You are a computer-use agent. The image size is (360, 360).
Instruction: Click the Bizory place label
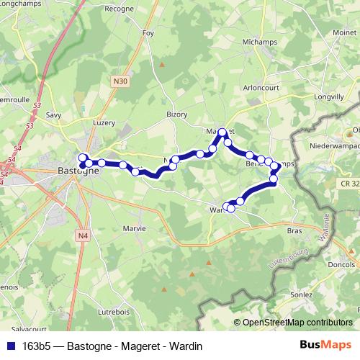coord(176,114)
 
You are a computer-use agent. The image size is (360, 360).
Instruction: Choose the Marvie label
coord(134,228)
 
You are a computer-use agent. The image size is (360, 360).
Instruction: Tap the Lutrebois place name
coord(113,312)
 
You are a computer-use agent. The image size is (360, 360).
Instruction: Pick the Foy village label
coord(149,34)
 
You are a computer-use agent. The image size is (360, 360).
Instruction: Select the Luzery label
coord(104,123)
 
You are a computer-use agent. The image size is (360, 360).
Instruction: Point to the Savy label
coord(53,115)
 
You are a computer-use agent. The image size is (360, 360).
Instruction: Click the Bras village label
coord(294,231)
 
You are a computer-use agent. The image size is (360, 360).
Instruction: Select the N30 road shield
coord(120,82)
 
